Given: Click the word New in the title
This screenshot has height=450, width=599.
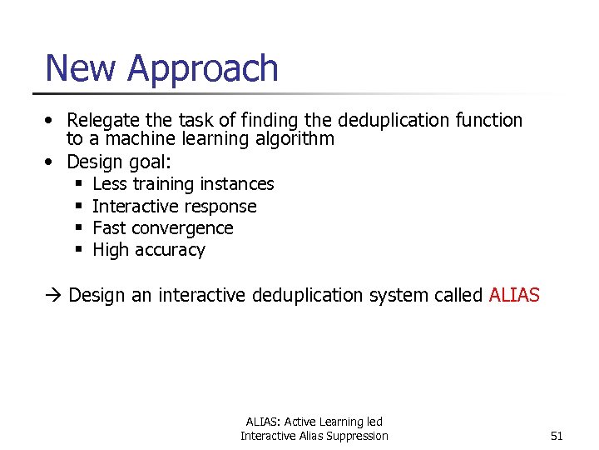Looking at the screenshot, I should pos(79,68).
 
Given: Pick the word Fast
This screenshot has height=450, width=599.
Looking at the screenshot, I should pos(109,227).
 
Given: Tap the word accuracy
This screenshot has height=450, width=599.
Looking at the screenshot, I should pos(171,250).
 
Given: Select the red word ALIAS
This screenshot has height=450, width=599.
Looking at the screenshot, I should pos(514,295).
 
